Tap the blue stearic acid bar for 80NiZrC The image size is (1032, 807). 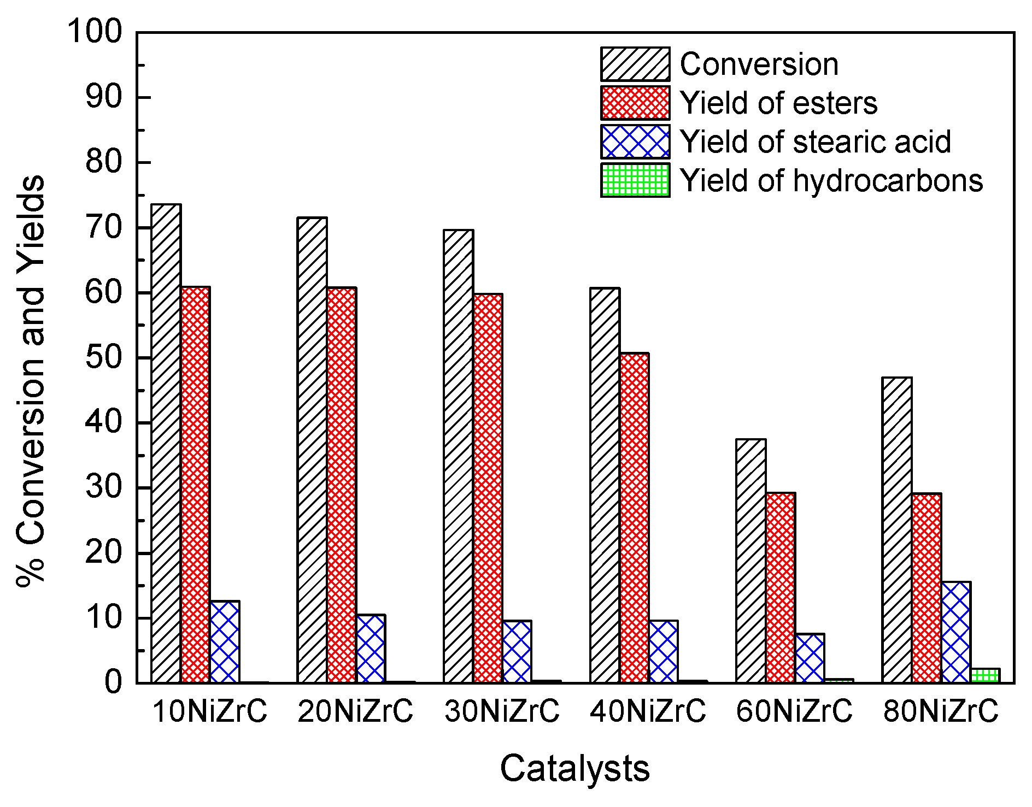point(956,633)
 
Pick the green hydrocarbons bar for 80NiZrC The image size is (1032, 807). point(985,676)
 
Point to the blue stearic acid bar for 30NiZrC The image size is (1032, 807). point(517,652)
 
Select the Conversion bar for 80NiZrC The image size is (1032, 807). point(897,530)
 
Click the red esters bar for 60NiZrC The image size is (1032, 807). point(781,588)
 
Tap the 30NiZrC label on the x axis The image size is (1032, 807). point(502,711)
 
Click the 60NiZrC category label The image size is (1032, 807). point(794,711)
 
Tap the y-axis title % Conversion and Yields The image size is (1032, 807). point(31,380)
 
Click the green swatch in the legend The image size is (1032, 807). point(635,180)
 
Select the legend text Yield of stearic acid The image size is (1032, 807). point(815,142)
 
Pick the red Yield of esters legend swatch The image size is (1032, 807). point(635,103)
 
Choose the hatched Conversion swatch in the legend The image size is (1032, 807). point(635,64)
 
